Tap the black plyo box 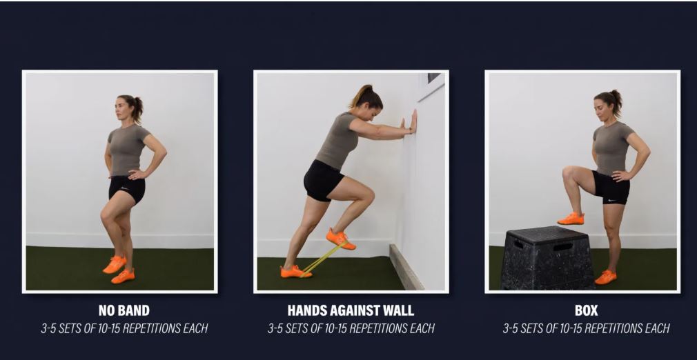tap(547, 258)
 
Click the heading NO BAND tap(124, 310)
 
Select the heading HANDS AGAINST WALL tap(351, 310)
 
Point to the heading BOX tap(586, 310)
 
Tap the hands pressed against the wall tap(411, 122)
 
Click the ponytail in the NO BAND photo tap(137, 109)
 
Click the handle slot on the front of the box tap(562, 246)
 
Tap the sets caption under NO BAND tap(124, 329)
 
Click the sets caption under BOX tap(586, 329)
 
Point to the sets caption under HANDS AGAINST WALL tap(351, 329)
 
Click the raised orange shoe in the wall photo tap(340, 239)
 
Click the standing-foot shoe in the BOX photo tap(605, 277)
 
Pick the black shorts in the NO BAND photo tap(127, 189)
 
